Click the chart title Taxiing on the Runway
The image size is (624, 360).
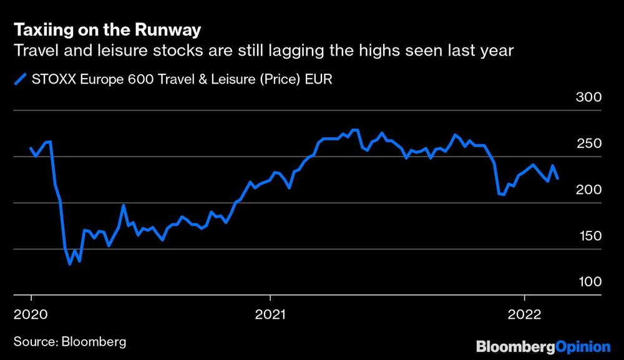pos(107,29)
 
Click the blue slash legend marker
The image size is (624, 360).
pos(21,79)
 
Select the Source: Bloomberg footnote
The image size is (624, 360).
pos(70,341)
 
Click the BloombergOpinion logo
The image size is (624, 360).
pos(543,346)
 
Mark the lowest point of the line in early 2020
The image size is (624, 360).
pos(70,264)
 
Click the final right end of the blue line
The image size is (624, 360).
pos(558,178)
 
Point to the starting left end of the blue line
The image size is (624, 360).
pos(31,148)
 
